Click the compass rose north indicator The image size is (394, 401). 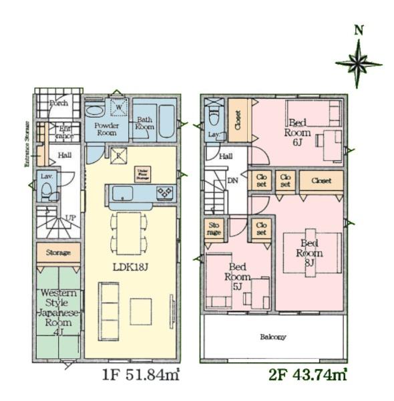coord(359,63)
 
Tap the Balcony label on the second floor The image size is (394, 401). coord(273,337)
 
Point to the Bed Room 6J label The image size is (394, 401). coord(298,132)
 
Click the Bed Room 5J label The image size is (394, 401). coord(237,277)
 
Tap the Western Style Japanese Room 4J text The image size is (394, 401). coord(59,309)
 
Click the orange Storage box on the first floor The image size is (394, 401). coord(59,253)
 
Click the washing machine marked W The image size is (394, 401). coord(119,108)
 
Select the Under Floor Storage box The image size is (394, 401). coord(142,174)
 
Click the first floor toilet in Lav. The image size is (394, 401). coord(46,190)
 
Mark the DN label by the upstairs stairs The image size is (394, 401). coord(234,180)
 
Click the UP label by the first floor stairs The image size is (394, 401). coord(69,218)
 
